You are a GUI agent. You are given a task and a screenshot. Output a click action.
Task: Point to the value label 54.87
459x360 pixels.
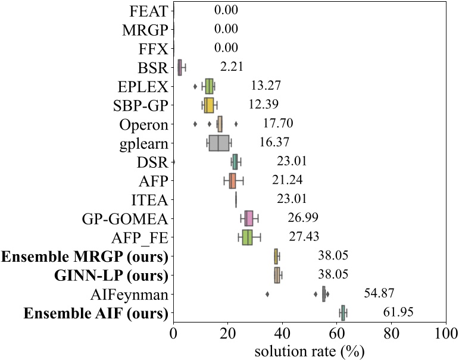coord(379,293)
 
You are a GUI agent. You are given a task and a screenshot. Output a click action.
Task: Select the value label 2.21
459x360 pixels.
coord(232,67)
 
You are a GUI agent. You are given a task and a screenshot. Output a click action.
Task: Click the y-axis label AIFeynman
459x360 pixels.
coord(136,294)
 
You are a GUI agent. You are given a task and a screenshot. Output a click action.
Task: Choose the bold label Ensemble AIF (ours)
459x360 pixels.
coord(85,313)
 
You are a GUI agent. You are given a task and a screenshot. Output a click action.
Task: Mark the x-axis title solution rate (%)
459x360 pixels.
coord(309,351)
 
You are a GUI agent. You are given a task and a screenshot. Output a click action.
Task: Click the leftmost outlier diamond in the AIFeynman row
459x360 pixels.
coord(267,294)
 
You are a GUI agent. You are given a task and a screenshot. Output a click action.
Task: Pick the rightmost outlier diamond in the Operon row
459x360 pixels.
coord(236,124)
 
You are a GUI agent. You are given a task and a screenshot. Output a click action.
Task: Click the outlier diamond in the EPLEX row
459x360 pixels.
coord(195,86)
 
